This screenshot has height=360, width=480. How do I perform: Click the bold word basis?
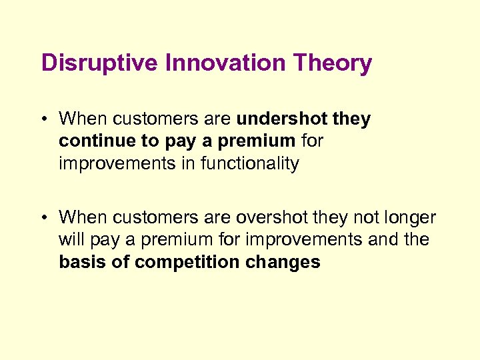click(x=82, y=262)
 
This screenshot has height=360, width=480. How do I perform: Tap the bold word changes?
click(x=283, y=262)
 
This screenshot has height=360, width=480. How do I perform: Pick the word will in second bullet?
click(x=70, y=239)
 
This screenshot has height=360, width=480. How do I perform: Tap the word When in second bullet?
click(x=83, y=217)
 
